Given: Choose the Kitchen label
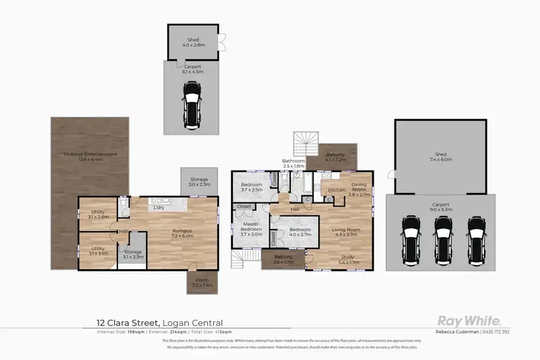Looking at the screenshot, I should click(x=337, y=189).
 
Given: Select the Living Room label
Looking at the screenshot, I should click(x=345, y=232).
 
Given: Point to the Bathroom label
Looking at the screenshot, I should click(x=293, y=163).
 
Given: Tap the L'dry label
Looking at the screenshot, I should click(x=160, y=208).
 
